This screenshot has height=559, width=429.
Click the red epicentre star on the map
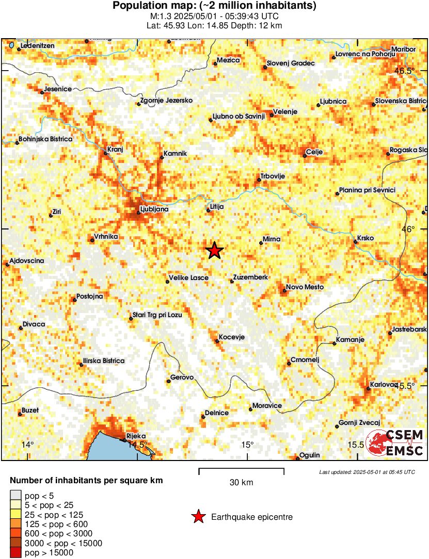215,251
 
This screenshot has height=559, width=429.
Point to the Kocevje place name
231,337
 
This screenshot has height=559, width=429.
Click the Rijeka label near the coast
136,436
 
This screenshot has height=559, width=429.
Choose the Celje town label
314,152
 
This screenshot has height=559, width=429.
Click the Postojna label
89,297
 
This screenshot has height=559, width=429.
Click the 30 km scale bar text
241,483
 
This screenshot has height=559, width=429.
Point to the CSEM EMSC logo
395,443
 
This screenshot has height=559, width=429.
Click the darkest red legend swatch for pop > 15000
17,553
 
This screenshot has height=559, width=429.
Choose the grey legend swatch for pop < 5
17,496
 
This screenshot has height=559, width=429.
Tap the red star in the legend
198,517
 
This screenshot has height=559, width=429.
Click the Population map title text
214,6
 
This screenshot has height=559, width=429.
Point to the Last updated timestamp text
367,472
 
